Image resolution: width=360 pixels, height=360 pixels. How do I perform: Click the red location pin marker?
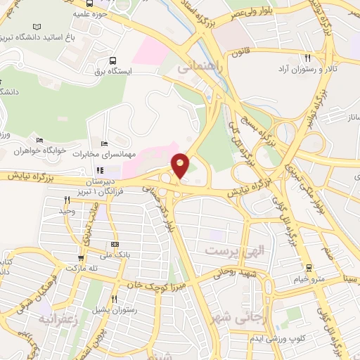181,166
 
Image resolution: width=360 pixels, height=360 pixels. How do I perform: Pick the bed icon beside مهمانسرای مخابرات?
105,144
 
